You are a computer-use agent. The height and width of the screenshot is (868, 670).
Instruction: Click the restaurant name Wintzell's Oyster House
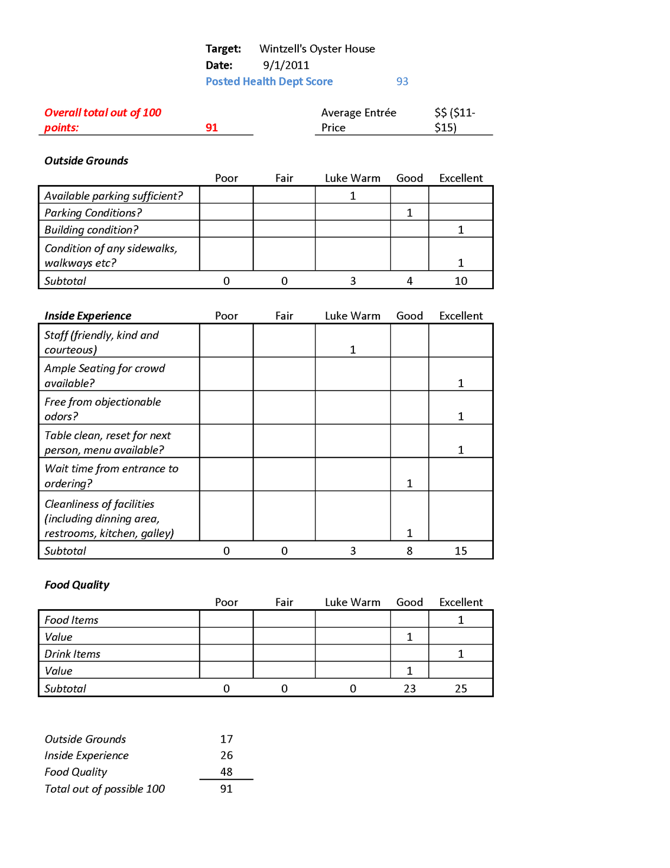click(317, 49)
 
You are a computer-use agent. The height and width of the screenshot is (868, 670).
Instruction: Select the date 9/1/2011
click(286, 65)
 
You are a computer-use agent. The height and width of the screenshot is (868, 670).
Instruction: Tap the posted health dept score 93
click(402, 81)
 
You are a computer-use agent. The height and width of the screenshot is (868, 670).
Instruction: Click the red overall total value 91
click(211, 127)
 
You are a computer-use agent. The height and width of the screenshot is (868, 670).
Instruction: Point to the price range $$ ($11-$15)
click(454, 120)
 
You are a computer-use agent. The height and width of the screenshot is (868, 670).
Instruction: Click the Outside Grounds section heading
click(86, 161)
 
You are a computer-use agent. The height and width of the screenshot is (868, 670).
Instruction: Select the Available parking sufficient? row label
click(113, 196)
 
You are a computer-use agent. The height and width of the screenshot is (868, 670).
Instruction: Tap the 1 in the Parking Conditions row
click(410, 213)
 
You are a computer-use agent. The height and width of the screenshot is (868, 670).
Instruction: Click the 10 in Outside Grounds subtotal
click(461, 281)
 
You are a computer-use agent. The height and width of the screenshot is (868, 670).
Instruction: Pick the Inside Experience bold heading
click(88, 316)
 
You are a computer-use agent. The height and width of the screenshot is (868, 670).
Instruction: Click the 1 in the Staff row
click(353, 350)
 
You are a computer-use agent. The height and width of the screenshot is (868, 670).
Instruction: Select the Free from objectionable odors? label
click(102, 409)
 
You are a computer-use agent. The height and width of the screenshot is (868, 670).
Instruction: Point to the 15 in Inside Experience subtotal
click(461, 551)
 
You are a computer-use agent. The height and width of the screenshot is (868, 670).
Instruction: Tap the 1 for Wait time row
click(410, 483)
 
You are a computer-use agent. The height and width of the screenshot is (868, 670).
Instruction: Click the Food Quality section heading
click(77, 585)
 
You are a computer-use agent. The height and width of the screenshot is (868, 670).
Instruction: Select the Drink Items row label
click(72, 654)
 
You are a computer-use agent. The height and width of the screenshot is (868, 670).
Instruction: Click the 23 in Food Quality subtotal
click(410, 688)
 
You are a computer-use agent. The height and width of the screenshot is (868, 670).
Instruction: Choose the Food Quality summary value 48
click(227, 771)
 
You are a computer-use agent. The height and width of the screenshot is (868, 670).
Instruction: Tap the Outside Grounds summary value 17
click(227, 739)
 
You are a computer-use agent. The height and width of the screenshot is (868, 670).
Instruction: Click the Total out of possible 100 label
click(105, 789)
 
